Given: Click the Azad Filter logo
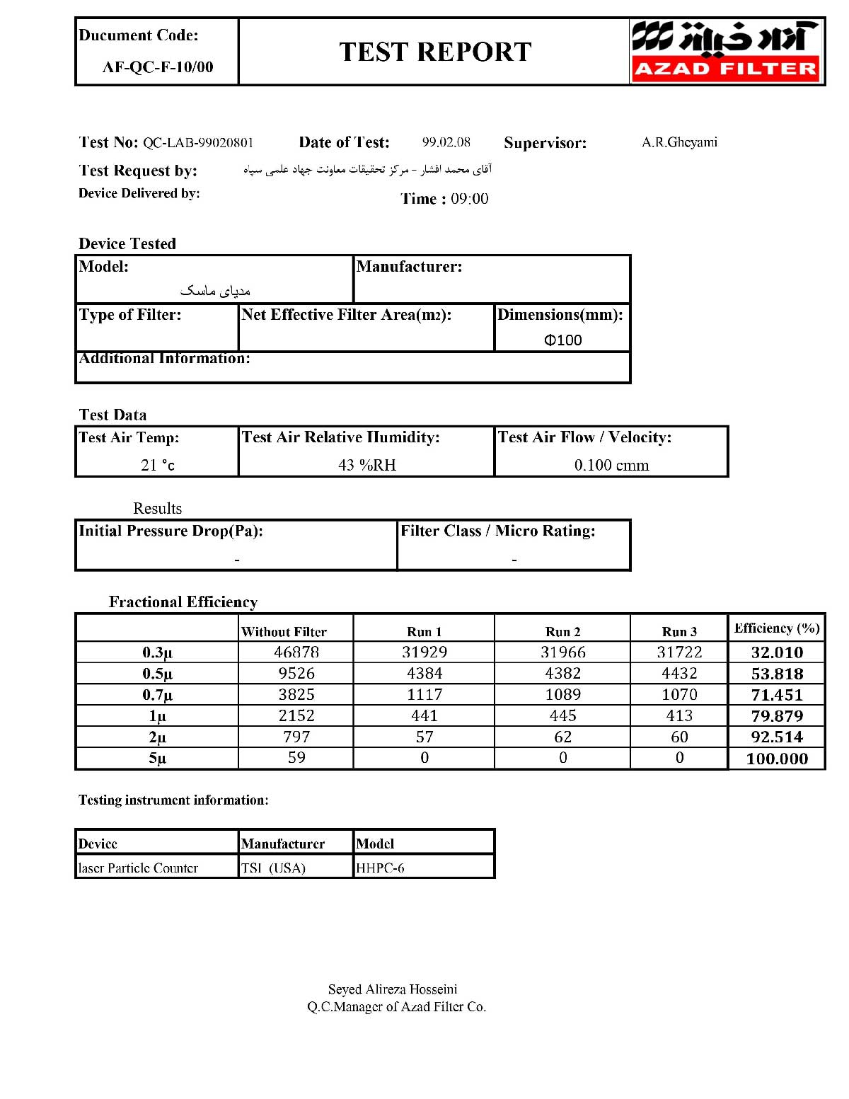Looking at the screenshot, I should point(726,51).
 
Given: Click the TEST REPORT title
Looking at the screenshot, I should point(435,52).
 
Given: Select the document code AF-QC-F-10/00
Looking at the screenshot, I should point(158,67).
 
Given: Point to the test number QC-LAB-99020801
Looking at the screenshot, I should point(198,143).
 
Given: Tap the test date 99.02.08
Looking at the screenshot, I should point(446,142).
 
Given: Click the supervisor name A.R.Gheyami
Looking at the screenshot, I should point(679,142).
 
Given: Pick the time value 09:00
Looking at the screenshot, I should point(470,199).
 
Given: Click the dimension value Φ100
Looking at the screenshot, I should point(563,340).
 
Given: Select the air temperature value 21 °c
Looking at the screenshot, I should point(158,465).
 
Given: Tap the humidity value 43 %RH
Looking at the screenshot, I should point(367,465).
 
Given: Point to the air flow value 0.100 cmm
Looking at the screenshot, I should point(611,465).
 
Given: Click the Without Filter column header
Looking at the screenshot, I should point(284,632).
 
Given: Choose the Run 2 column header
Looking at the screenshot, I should point(562,632).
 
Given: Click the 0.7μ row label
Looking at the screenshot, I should point(157,695).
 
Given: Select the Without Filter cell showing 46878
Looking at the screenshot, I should point(296,652).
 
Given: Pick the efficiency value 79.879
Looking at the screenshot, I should point(777,716).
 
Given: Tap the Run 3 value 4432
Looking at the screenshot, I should point(679,673).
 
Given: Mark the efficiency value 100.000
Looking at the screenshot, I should point(777,759).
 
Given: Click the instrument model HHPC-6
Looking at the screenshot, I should point(380,868).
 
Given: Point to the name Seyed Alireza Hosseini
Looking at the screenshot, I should point(393,989).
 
